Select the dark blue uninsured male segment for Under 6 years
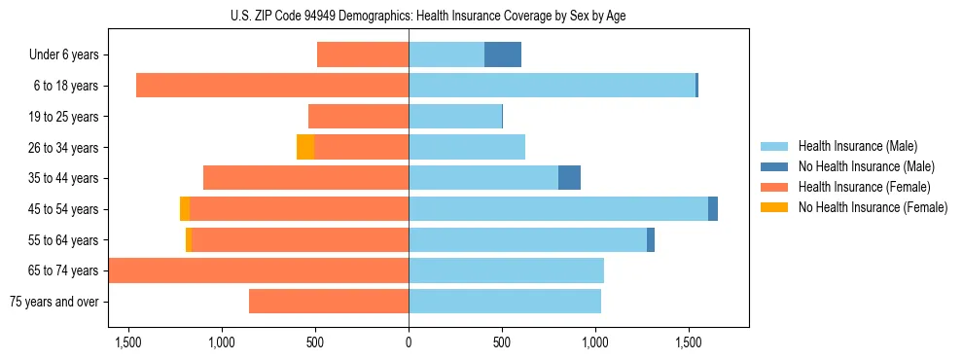point(503,55)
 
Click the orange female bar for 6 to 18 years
point(272,86)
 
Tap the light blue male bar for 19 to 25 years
point(455,117)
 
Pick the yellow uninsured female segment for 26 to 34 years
point(305,147)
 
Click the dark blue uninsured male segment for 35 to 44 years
point(569,178)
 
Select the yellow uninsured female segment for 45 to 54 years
point(185,208)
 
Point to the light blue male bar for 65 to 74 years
point(506,270)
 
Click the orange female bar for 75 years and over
point(329,302)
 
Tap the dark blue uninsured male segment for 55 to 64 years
point(651,239)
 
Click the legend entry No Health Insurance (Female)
point(873,207)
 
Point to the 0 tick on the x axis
point(409,342)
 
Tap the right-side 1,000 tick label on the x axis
point(595,342)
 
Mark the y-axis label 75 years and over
point(53,302)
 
